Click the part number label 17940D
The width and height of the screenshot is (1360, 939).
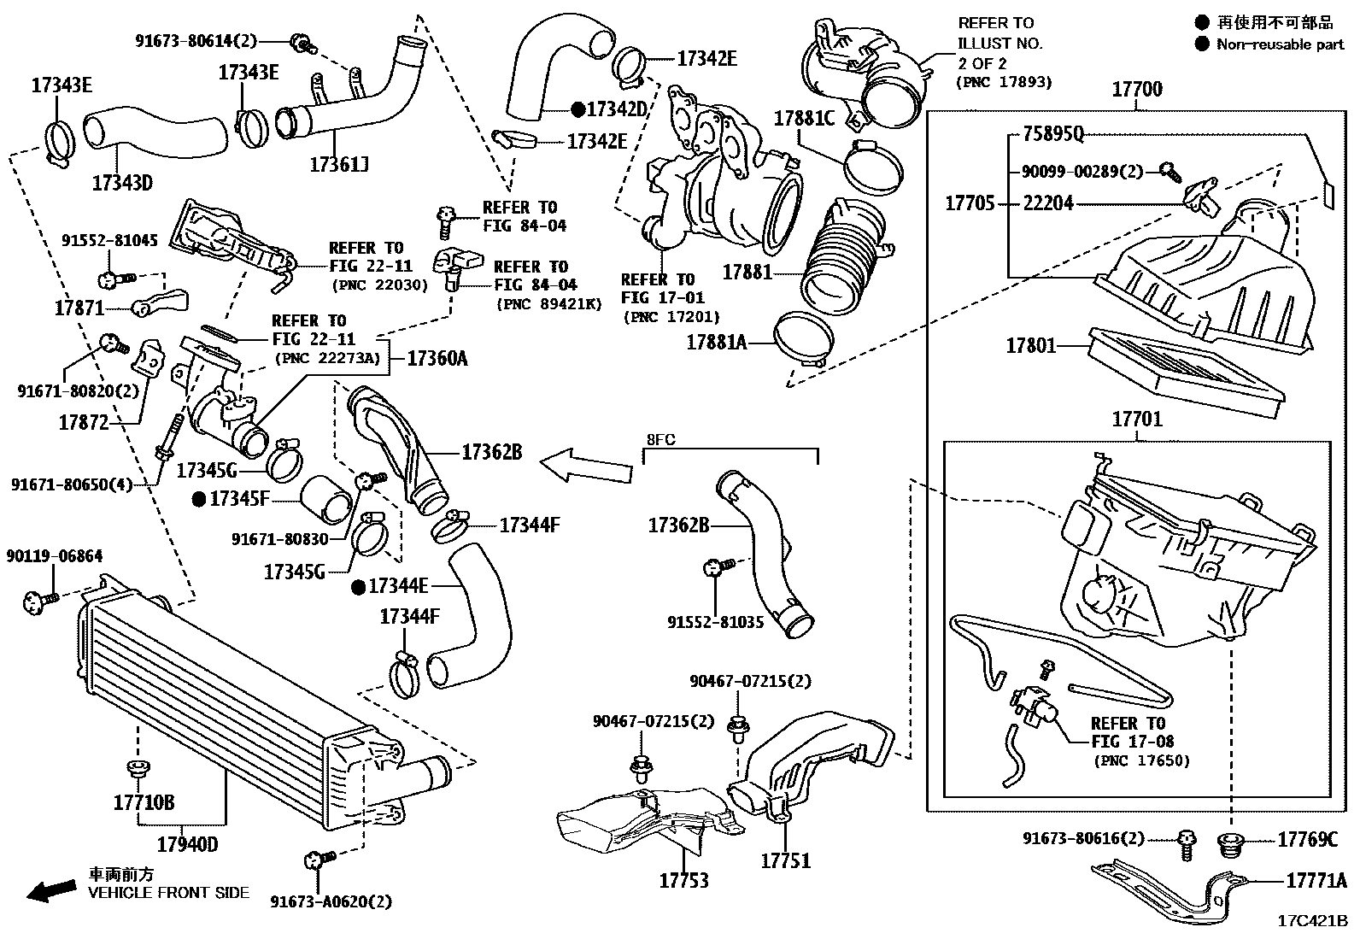tap(187, 845)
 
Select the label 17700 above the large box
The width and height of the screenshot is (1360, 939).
tap(1137, 90)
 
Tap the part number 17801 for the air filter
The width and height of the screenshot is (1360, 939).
tap(1030, 346)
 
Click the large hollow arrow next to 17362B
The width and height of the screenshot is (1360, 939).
tap(586, 466)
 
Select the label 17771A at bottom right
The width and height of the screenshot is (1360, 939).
tap(1316, 880)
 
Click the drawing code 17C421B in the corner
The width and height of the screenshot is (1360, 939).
tap(1312, 921)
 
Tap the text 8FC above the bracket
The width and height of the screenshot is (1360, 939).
tap(660, 440)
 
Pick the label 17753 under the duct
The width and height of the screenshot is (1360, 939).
tap(683, 880)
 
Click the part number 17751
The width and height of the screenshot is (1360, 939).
tap(785, 860)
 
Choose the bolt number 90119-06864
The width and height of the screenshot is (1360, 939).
tap(55, 556)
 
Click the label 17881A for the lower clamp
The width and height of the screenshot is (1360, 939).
tap(717, 343)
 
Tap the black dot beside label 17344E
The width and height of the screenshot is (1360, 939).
tap(360, 587)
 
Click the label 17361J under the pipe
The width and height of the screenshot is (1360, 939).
tap(338, 165)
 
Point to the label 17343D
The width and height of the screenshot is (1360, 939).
tap(122, 182)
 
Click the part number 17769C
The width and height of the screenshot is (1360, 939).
tap(1307, 840)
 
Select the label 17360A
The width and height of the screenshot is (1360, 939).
tap(437, 359)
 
